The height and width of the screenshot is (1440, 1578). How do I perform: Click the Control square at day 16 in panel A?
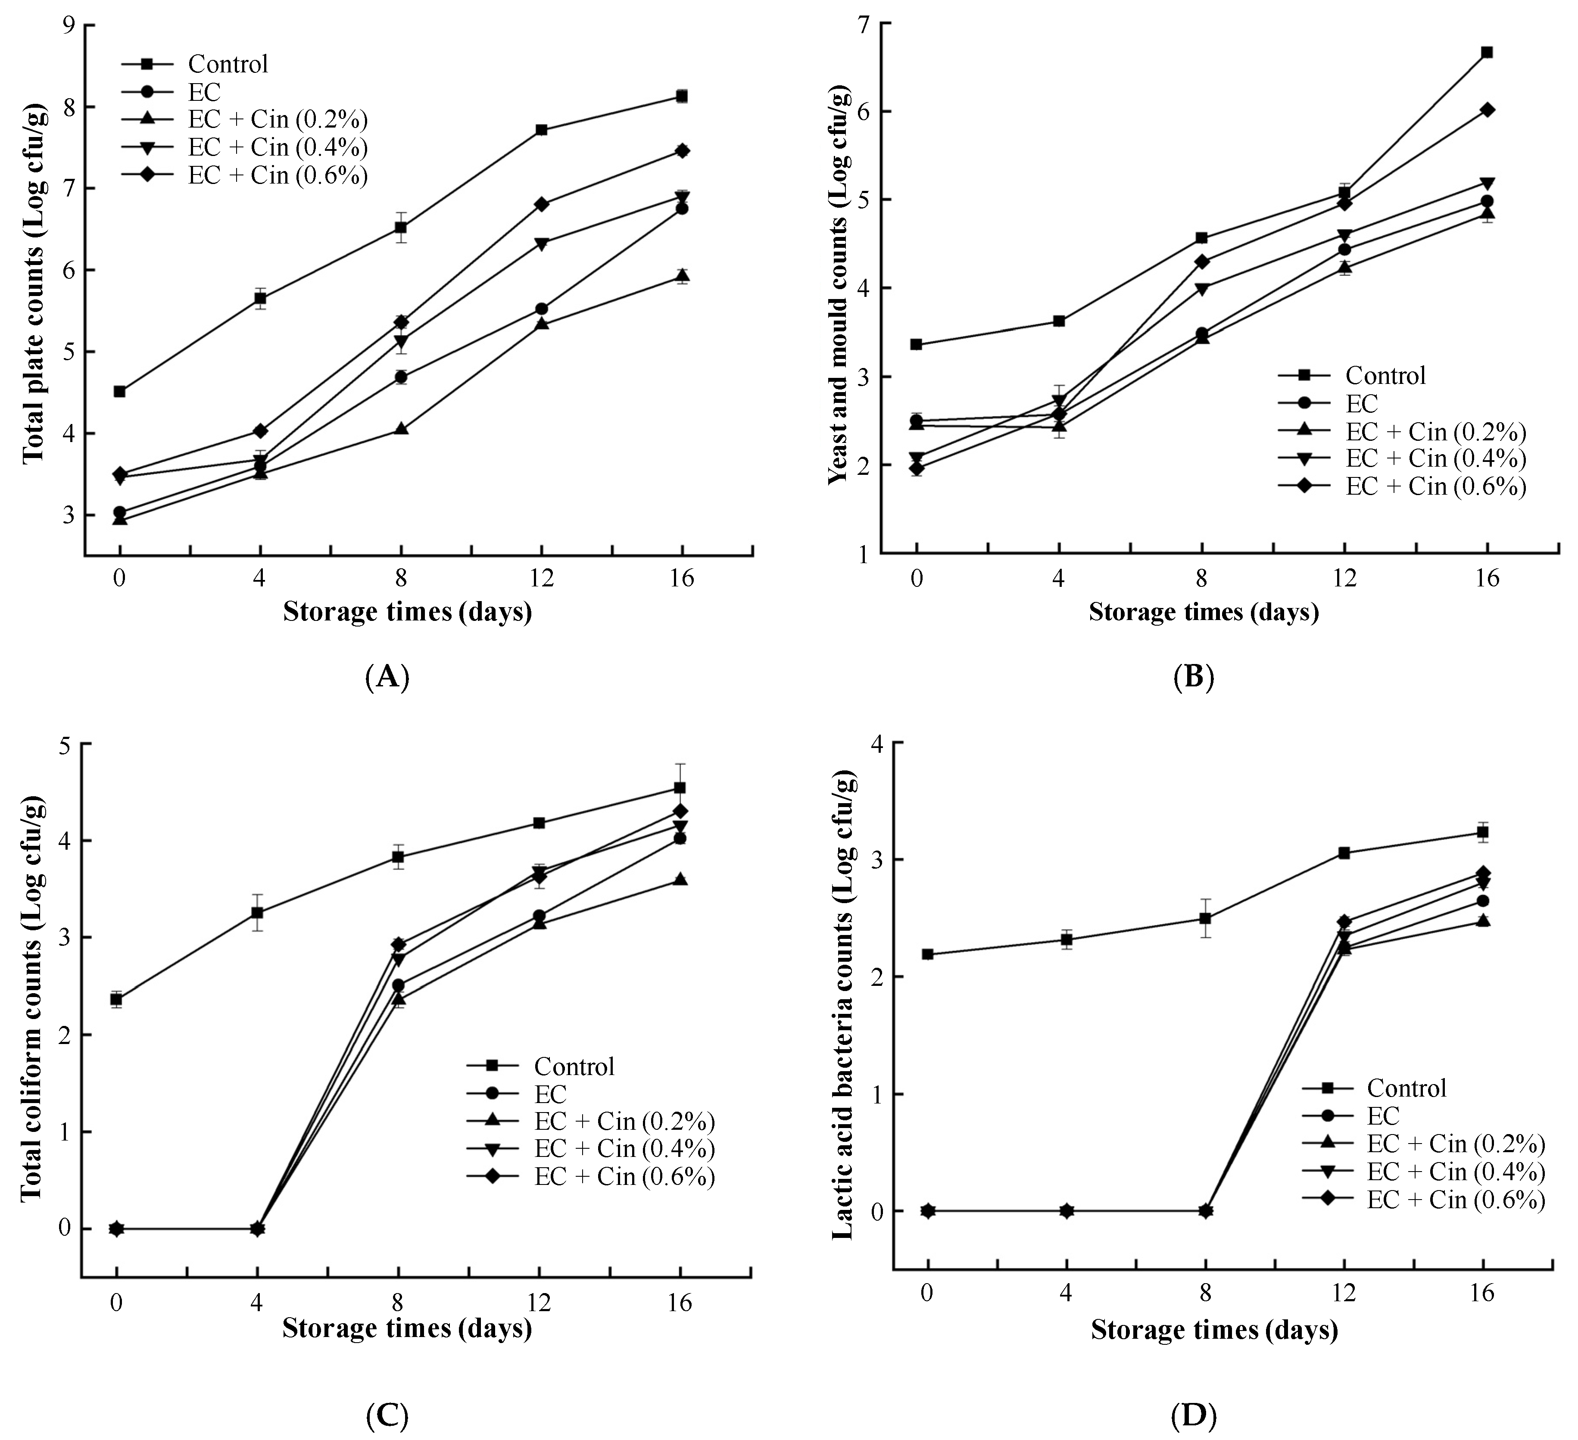point(682,96)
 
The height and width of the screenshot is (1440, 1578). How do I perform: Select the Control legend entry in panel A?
point(228,64)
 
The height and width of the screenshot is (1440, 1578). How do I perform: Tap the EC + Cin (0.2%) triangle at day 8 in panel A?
point(401,429)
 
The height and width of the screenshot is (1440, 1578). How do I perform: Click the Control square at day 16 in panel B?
point(1486,53)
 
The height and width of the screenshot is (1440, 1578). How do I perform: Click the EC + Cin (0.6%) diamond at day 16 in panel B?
point(1486,109)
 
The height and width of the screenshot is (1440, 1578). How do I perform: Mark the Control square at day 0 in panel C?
point(116,999)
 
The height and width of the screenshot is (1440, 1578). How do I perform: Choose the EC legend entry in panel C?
point(550,1094)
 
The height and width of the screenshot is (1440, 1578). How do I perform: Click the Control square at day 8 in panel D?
point(1205,919)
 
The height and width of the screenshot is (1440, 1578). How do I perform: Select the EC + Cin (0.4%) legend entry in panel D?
point(1456,1172)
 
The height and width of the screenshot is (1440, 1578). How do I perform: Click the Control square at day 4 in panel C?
point(257,913)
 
